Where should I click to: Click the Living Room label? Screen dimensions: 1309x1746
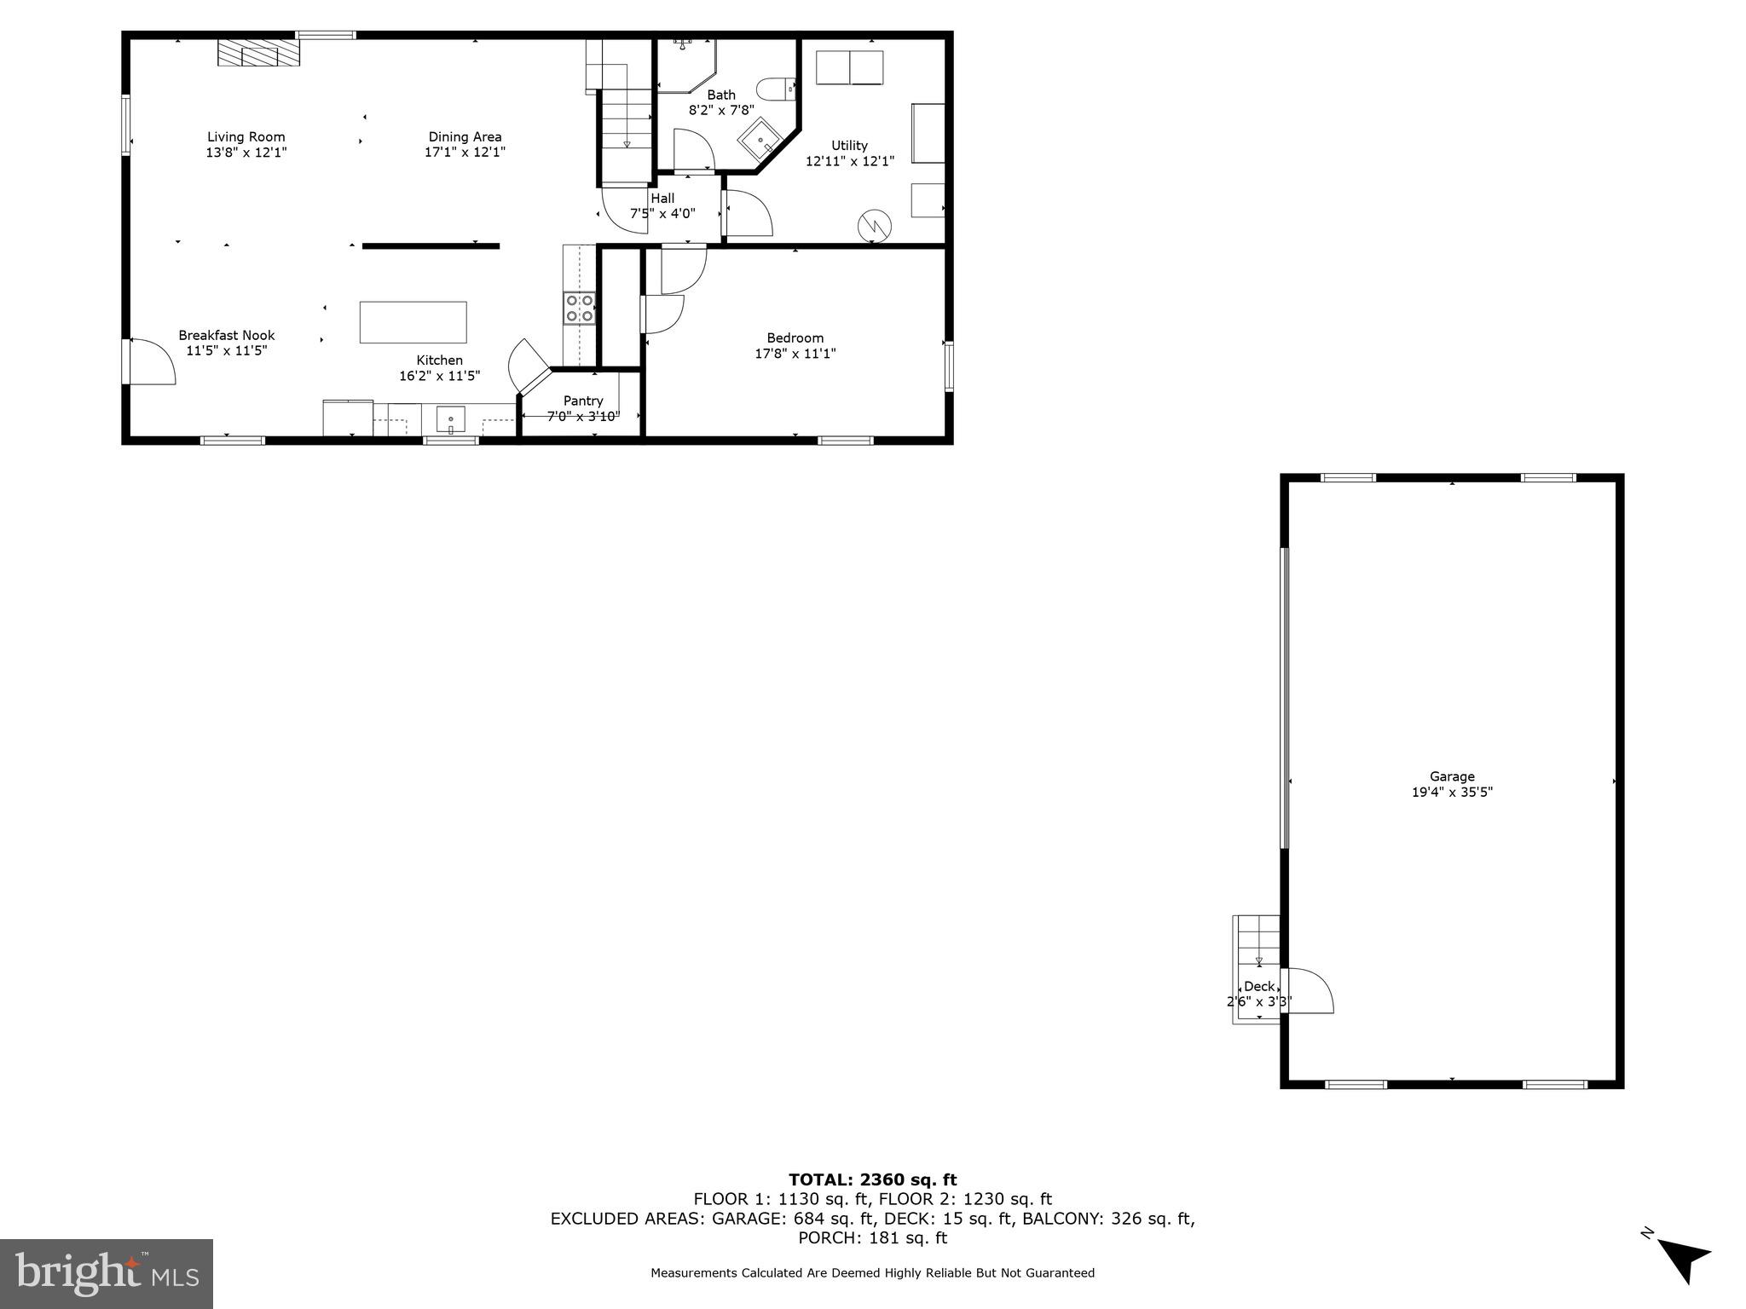[x=246, y=136]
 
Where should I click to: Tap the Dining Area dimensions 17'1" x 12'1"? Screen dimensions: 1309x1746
[x=465, y=153]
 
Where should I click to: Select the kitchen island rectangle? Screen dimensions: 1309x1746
[x=413, y=322]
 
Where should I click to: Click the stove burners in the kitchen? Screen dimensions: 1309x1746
[x=580, y=308]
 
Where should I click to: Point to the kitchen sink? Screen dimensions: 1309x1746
[x=450, y=419]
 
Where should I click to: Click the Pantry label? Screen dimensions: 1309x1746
[x=583, y=401]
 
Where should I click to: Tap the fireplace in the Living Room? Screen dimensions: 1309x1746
[x=259, y=53]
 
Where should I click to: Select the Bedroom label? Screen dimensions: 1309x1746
[x=795, y=337]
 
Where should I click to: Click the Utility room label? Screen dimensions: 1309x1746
[x=849, y=146]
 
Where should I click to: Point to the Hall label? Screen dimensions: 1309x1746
[x=662, y=198]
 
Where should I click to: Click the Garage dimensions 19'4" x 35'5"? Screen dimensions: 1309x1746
[x=1452, y=792]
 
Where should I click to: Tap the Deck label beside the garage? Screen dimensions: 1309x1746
[x=1259, y=986]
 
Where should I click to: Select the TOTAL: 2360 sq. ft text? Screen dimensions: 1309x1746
[x=872, y=1179]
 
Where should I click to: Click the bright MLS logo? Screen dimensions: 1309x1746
[x=107, y=1273]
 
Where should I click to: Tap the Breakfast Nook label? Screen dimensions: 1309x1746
[x=227, y=335]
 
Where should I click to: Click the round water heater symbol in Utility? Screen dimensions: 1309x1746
[x=874, y=225]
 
